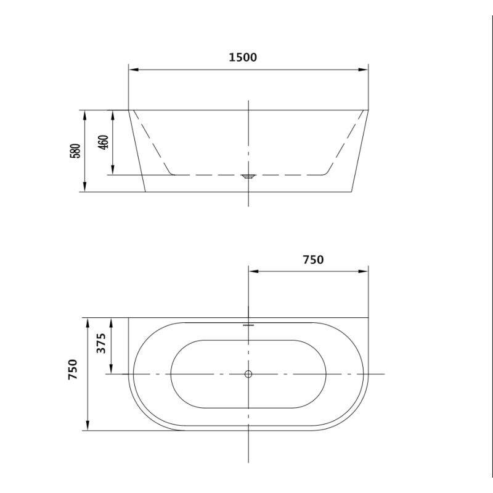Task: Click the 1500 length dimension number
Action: pos(242,58)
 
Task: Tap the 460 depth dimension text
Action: pos(104,142)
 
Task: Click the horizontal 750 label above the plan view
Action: pos(312,259)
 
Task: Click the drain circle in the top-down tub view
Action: pos(248,374)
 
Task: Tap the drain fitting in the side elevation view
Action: pos(248,176)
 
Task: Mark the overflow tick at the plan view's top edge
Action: pos(248,323)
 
